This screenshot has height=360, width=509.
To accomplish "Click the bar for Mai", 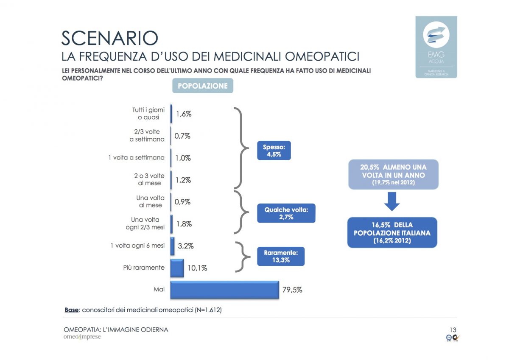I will [224, 290].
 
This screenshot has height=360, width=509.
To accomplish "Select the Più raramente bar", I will [177, 268].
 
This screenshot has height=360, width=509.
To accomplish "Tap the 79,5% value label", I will [293, 290].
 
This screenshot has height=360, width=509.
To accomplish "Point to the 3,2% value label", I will [185, 246].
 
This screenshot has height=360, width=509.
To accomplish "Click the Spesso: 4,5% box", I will [274, 151].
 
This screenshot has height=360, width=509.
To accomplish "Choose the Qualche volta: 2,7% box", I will [286, 213].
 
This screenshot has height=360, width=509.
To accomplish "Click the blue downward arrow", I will [392, 202].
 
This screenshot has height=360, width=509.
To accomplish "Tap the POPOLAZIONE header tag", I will [202, 86].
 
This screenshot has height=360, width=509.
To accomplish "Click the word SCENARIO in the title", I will [110, 38].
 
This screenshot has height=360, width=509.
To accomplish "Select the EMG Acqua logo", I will [436, 47].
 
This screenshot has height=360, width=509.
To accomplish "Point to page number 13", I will [453, 329].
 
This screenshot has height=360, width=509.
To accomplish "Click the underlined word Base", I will [71, 310].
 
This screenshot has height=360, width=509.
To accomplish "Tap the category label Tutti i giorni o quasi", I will [148, 114].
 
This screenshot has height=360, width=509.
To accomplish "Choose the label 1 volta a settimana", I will [136, 158].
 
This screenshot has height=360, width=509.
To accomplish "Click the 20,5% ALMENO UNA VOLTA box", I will [393, 174].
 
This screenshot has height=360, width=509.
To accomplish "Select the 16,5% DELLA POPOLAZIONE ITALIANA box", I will [392, 232].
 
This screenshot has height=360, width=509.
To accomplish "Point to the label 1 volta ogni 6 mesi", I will [137, 246].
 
